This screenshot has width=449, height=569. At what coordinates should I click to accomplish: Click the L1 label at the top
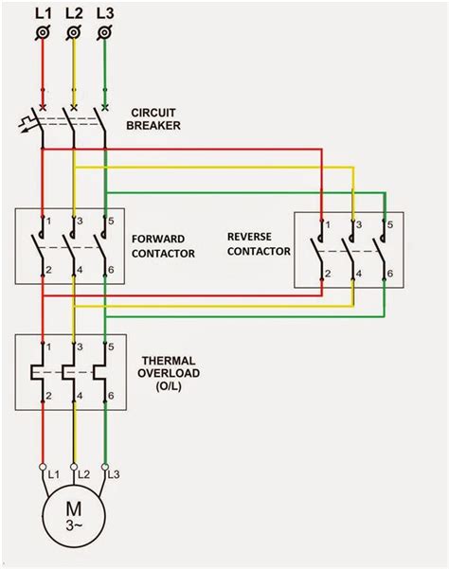44,14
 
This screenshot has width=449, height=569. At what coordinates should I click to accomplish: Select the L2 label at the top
75,14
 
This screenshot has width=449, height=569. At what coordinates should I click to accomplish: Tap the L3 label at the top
105,14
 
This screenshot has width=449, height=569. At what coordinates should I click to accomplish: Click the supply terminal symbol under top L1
43,34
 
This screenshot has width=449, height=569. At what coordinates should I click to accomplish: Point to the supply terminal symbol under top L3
104,34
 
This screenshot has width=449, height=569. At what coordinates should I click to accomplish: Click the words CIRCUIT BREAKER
157,118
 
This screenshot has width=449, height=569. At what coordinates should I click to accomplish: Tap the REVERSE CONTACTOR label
257,241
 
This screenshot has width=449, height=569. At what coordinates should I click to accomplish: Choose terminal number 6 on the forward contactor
111,272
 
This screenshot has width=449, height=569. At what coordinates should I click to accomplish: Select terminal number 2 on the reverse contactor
328,274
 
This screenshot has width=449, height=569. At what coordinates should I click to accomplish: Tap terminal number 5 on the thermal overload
111,347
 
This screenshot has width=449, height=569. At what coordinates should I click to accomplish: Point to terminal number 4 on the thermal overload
81,394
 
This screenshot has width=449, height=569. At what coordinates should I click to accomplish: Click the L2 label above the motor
83,472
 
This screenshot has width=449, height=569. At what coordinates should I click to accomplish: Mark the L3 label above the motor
115,472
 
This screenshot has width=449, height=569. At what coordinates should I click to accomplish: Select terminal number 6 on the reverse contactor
389,274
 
